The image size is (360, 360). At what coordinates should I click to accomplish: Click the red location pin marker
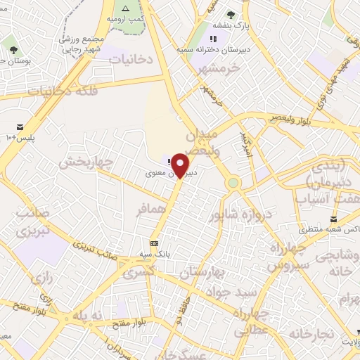[x=181, y=165]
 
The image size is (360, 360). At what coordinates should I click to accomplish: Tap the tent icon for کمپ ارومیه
[x=125, y=8]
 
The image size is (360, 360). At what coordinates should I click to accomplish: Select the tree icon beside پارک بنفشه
[x=231, y=14]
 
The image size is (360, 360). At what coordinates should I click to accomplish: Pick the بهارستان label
[x=205, y=271]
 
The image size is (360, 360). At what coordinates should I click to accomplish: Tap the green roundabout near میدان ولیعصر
[x=233, y=183]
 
